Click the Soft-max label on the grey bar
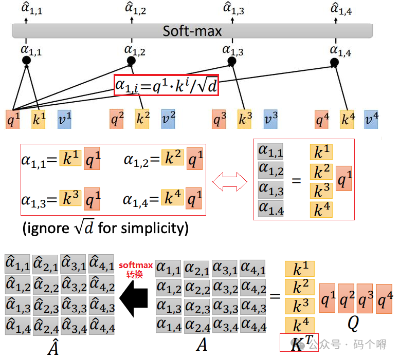pos(192,31)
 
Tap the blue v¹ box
pos(65,119)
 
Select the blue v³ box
pos(271,119)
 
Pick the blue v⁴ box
pos(371,119)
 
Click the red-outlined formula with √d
pos(167,85)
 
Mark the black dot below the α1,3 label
pos(232,61)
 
